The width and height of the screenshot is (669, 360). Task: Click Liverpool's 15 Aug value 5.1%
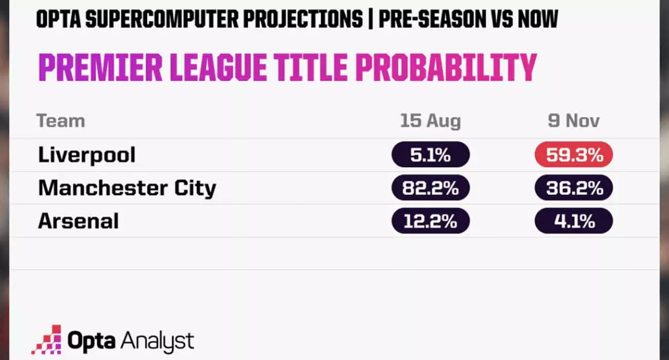(x=430, y=155)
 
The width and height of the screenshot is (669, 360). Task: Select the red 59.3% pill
(x=574, y=155)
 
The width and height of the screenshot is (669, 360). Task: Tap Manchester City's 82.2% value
(x=430, y=188)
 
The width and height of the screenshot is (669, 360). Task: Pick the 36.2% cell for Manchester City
(x=574, y=188)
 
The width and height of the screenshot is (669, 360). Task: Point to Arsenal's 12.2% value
(x=430, y=221)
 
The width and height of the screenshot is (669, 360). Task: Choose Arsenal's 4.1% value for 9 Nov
(x=574, y=221)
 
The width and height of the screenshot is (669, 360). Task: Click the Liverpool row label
(x=86, y=155)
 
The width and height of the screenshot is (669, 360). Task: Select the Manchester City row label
(x=127, y=188)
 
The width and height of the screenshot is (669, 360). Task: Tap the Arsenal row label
(x=78, y=221)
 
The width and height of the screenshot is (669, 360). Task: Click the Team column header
(x=61, y=121)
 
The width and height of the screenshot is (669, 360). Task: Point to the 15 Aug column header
(x=430, y=121)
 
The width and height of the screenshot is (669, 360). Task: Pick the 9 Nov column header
(x=574, y=121)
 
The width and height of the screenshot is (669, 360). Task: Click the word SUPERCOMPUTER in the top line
(x=162, y=19)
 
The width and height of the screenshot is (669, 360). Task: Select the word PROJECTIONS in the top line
(x=303, y=19)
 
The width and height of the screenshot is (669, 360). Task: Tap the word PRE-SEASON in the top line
(x=432, y=19)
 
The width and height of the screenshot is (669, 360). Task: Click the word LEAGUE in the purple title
(x=218, y=67)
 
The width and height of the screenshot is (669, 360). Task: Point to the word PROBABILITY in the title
(x=446, y=67)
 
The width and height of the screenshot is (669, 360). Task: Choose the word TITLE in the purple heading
(x=311, y=67)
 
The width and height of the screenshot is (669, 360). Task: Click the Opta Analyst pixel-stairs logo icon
(x=47, y=340)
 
